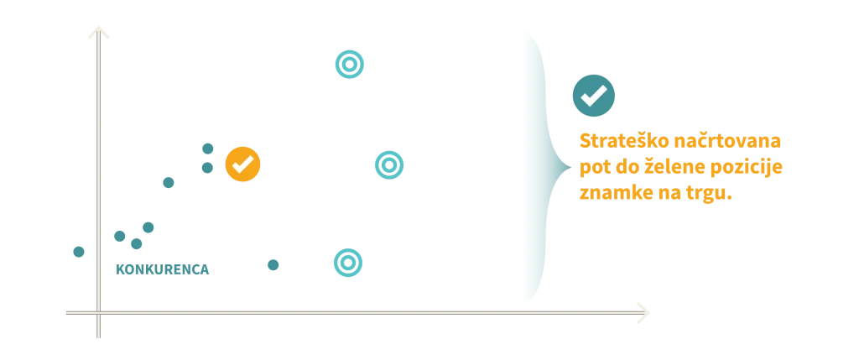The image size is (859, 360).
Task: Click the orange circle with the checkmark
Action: [x=242, y=164]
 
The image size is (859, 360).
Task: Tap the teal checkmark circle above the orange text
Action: [x=593, y=97]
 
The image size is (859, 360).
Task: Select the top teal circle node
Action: [x=350, y=64]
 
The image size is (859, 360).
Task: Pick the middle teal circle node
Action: [x=388, y=164]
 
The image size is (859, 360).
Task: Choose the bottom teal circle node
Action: [x=347, y=263]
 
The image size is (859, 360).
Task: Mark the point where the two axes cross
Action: [x=97, y=312]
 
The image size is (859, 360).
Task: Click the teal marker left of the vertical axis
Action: [x=79, y=251]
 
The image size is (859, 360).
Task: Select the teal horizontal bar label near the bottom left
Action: [x=163, y=269]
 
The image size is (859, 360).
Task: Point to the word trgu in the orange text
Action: [x=714, y=193]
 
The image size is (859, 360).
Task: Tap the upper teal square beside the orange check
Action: [x=208, y=149]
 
